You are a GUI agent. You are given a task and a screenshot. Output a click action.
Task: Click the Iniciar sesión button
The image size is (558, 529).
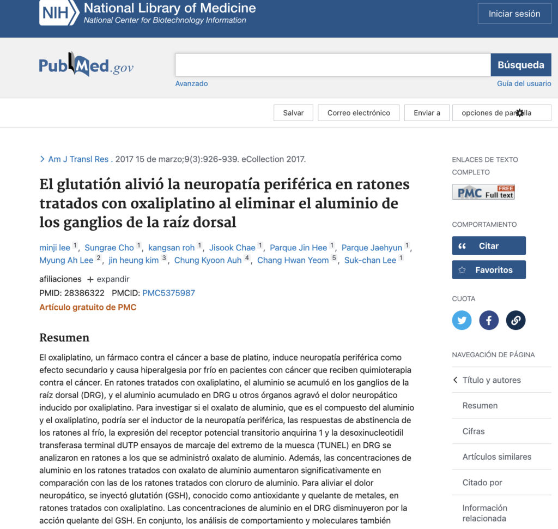click(x=514, y=14)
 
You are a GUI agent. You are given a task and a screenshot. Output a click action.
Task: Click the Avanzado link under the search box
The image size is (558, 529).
click(x=191, y=83)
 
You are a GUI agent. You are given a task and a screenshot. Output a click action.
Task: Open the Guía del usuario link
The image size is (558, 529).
click(x=524, y=83)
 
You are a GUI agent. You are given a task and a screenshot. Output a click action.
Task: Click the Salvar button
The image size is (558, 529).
click(x=293, y=113)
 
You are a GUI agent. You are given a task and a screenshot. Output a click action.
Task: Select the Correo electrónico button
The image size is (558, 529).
click(x=359, y=113)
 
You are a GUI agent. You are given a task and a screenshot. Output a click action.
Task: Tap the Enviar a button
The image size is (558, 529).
click(x=427, y=113)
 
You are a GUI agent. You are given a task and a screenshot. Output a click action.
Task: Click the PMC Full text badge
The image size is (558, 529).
click(x=483, y=192)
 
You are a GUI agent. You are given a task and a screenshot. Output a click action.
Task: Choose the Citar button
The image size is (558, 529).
click(x=489, y=245)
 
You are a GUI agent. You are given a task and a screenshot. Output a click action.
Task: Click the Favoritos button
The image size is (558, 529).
click(x=489, y=269)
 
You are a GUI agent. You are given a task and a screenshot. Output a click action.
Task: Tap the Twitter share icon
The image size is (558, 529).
click(x=462, y=320)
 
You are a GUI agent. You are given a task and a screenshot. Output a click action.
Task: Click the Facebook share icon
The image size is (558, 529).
click(x=489, y=320)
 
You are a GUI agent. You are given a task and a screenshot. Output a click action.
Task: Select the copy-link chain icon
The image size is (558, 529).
click(x=515, y=320)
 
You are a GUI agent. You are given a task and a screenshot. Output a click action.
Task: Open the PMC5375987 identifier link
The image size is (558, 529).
click(x=168, y=293)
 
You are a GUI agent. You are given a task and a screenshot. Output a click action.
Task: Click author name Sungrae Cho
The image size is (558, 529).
click(x=109, y=248)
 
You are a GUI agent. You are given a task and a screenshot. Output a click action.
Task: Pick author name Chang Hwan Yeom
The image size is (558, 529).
click(x=293, y=260)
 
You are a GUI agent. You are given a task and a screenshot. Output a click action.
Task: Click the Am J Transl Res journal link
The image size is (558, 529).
click(x=78, y=159)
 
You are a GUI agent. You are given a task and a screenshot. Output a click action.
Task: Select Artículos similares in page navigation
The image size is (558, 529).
click(x=496, y=456)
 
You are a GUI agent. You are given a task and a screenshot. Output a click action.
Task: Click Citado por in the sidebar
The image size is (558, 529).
click(x=482, y=482)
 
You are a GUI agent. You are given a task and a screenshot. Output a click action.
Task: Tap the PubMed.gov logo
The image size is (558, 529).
click(x=86, y=67)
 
